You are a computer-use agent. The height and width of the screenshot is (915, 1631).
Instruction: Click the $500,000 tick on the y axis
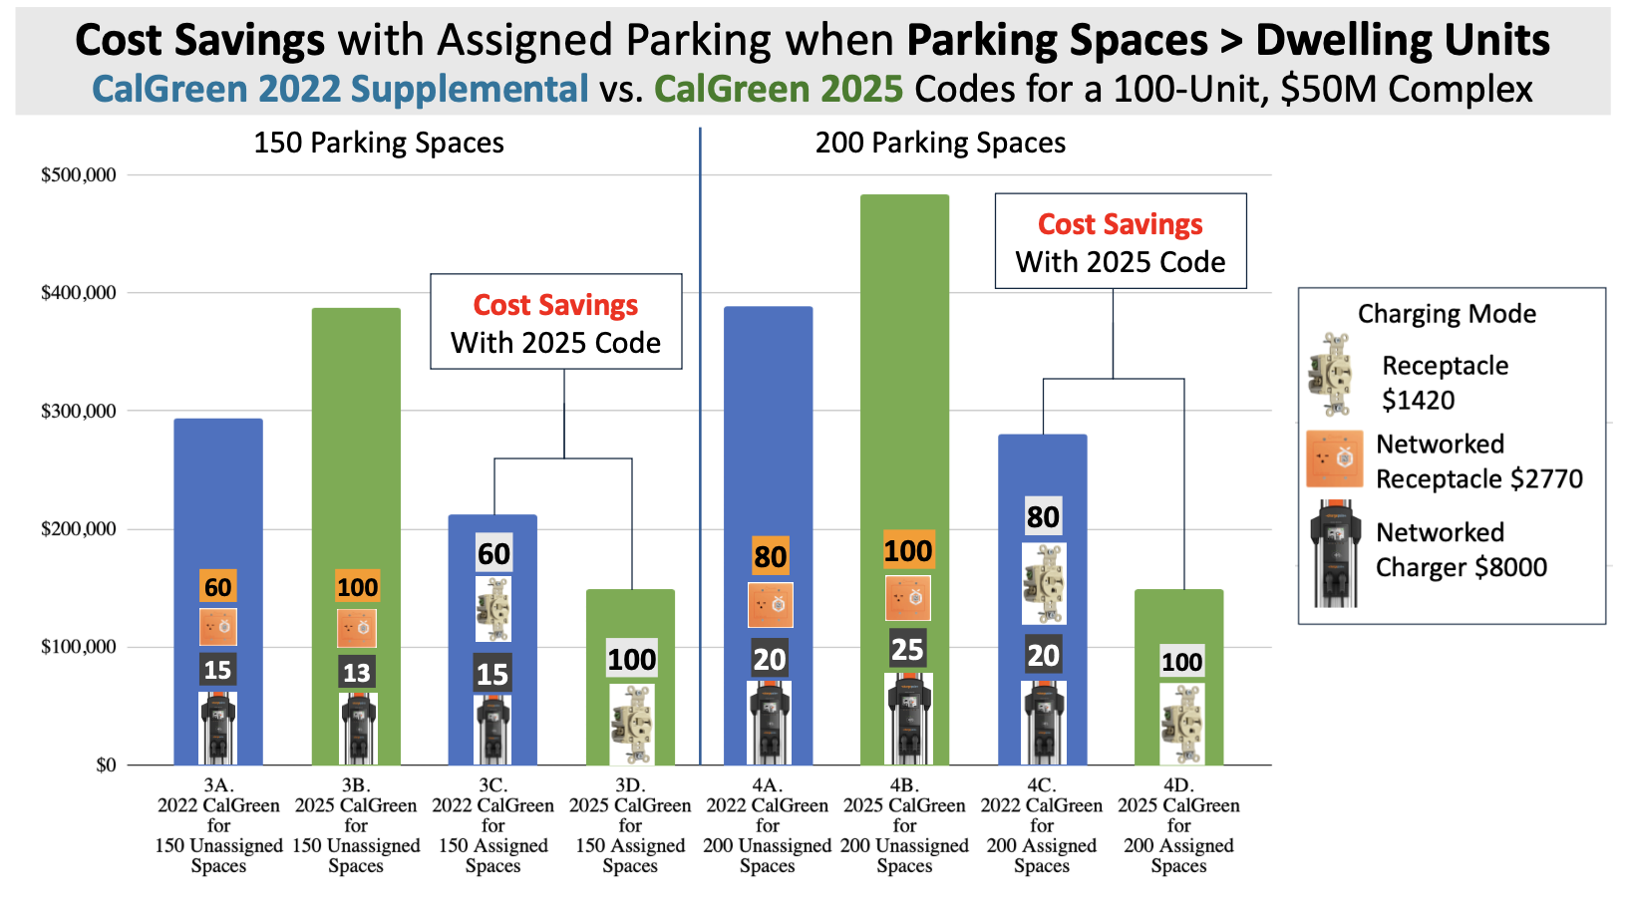coord(79,175)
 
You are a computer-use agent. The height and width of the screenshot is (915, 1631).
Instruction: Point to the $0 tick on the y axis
coord(107,765)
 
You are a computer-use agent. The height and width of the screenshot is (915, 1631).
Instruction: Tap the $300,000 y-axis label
coord(79,412)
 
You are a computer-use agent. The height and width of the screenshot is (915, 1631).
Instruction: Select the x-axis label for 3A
coord(218,825)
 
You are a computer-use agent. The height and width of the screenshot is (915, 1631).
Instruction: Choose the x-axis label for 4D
coord(1178,825)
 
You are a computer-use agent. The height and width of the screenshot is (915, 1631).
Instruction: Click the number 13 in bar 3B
coord(357,672)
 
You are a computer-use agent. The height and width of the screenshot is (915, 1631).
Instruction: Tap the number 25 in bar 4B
coord(908,649)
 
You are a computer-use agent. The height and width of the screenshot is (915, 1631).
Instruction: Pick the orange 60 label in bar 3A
coord(218,587)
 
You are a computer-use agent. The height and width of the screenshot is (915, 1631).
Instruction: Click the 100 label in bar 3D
coord(632,660)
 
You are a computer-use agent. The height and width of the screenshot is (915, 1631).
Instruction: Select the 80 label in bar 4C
coord(1044,517)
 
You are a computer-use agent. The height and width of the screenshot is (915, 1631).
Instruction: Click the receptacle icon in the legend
coord(1330,375)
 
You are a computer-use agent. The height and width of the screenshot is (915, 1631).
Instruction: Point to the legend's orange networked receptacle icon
coord(1334,458)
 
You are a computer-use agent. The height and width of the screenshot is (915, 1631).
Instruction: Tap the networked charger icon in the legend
coord(1335,553)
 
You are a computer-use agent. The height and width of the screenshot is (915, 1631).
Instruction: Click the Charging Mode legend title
coord(1447,314)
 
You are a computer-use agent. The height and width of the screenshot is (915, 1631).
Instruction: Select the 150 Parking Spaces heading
coord(379,143)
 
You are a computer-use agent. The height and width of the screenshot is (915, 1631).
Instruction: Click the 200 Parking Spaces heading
coord(940,143)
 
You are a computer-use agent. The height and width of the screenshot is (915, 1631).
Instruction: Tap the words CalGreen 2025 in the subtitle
coord(779,89)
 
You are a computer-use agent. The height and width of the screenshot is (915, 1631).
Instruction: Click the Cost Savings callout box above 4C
coord(1121,241)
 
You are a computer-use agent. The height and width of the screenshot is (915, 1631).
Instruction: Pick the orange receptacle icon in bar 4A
coord(771,605)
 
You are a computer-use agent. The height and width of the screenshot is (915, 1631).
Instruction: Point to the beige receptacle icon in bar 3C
coord(492,609)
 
